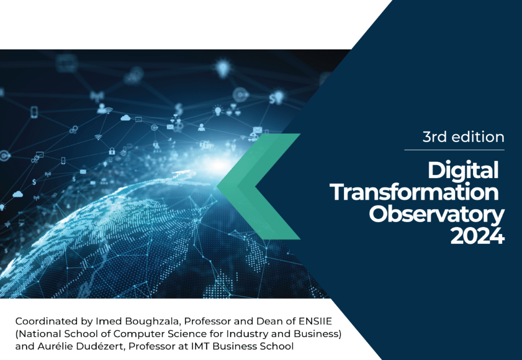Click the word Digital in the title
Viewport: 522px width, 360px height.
pos(463,171)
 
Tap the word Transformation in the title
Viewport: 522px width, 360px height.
pos(414,192)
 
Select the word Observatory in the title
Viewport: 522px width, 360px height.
pos(436,216)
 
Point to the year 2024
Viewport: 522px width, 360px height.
pos(477,236)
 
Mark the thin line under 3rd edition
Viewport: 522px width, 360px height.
pos(454,150)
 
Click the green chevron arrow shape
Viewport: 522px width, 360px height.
pos(258,187)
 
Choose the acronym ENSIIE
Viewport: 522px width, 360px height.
pos(315,321)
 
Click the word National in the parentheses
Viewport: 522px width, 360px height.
pos(37,333)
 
